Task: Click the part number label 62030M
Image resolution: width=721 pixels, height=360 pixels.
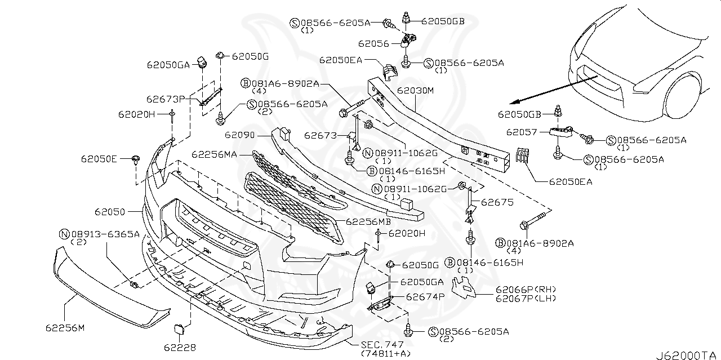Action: tap(415, 90)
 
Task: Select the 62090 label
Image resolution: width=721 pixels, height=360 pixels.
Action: tap(239, 135)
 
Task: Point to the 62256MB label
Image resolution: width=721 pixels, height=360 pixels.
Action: tap(368, 221)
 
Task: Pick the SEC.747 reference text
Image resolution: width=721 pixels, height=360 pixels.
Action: tap(379, 344)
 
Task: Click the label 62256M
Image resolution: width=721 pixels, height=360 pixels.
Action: tap(65, 327)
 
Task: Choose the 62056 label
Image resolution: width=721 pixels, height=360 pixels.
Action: tap(374, 43)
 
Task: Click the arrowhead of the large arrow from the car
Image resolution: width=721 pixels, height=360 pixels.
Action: tap(510, 103)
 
